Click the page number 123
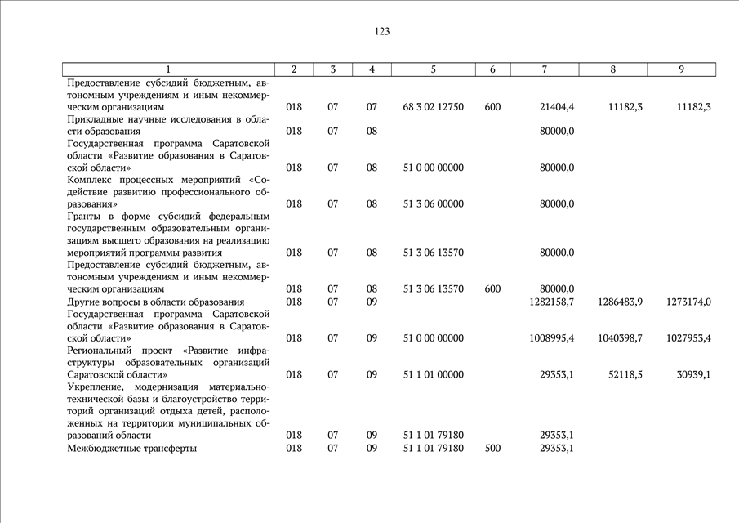click(x=382, y=31)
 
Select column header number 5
click(x=433, y=69)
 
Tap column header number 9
click(x=681, y=69)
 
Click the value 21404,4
click(x=557, y=107)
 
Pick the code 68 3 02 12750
click(x=433, y=107)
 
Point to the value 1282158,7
click(x=551, y=302)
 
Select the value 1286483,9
click(x=620, y=302)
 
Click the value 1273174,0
click(x=688, y=302)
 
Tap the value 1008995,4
click(x=551, y=338)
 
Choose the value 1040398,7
click(x=620, y=338)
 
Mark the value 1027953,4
click(x=688, y=338)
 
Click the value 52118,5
click(x=625, y=374)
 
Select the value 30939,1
click(x=694, y=374)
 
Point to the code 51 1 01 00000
click(x=433, y=374)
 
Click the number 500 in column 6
click(x=492, y=448)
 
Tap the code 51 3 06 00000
click(x=433, y=204)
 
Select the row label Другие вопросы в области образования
click(x=155, y=302)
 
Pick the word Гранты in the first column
click(x=86, y=216)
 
